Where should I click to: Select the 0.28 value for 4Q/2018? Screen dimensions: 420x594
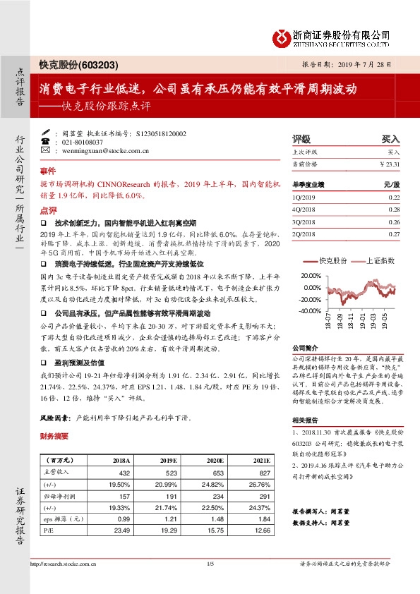(393, 210)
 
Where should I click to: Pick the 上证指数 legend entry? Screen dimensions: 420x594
(379, 260)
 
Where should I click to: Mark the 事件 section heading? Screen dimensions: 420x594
(47, 171)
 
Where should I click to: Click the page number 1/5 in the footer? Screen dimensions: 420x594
(210, 563)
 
